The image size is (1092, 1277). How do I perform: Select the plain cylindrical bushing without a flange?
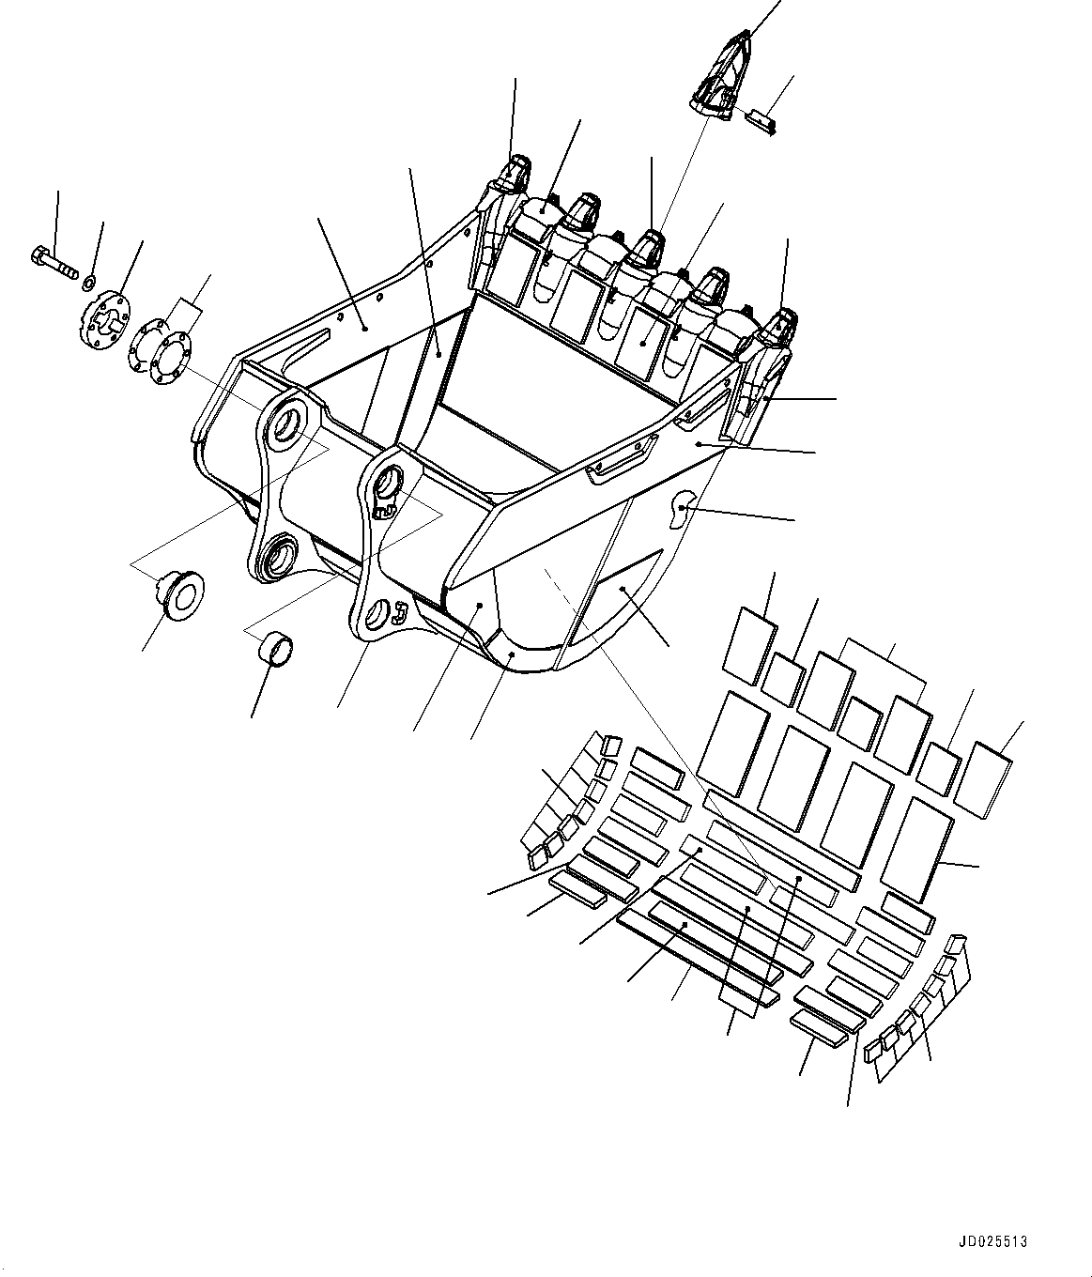(275, 650)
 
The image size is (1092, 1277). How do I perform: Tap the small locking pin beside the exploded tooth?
(760, 120)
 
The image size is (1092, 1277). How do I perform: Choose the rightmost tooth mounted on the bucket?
(779, 328)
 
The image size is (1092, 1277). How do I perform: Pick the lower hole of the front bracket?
(377, 615)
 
